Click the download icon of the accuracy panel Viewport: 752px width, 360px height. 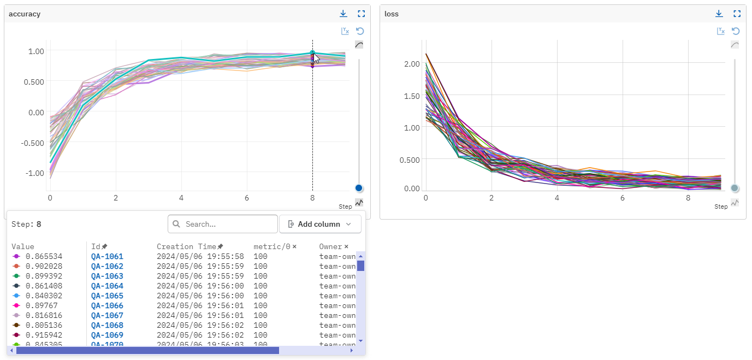(x=343, y=14)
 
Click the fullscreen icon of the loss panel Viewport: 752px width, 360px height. (x=737, y=14)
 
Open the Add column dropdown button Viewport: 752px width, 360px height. (x=320, y=224)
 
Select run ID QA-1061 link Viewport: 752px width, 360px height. (x=107, y=257)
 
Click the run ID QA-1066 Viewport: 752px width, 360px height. (x=107, y=306)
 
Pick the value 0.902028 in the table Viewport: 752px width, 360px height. (x=44, y=267)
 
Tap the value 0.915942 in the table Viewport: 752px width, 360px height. (x=44, y=335)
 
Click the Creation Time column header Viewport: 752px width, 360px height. (x=186, y=247)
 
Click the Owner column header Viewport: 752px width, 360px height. (x=330, y=247)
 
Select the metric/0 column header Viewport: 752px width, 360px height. (x=271, y=247)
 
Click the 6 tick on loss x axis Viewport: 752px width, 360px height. (x=623, y=197)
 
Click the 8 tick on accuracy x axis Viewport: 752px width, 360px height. (x=312, y=197)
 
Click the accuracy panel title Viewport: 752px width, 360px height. (x=25, y=14)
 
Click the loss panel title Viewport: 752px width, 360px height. (x=392, y=14)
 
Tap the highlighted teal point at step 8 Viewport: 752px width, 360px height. (x=312, y=54)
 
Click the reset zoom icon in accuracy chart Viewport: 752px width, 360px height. (x=360, y=31)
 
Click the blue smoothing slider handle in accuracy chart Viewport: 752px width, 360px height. (x=359, y=188)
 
